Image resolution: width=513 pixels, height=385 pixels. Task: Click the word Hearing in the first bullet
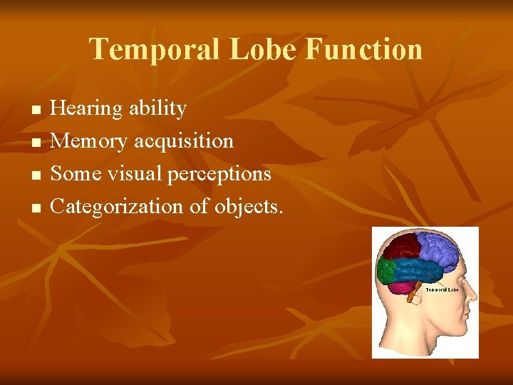(x=87, y=108)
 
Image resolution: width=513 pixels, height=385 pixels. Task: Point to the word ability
(x=157, y=108)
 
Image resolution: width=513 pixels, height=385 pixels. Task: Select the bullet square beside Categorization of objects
(x=35, y=209)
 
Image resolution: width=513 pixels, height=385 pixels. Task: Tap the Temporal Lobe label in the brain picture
(x=441, y=289)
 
